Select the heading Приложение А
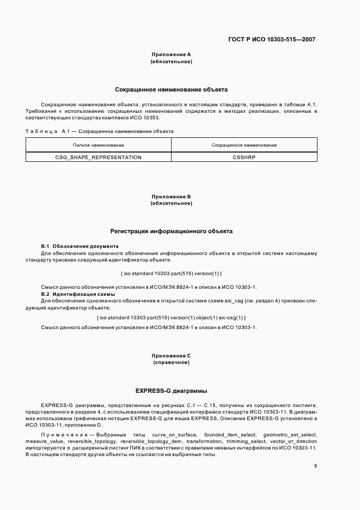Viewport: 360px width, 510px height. (170, 54)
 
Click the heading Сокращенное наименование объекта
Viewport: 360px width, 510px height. (171, 89)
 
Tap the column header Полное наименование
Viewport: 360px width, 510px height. (99, 145)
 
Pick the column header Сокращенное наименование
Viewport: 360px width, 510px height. (243, 145)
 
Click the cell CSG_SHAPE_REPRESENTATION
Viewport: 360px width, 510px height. (99, 157)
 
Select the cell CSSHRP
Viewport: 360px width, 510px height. (243, 157)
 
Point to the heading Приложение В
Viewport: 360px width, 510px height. (170, 196)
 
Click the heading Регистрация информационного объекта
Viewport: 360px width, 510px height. (171, 231)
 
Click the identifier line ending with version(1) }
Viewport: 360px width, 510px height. (170, 273)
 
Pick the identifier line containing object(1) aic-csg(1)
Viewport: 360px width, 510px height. (170, 317)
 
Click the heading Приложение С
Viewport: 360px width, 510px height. (170, 355)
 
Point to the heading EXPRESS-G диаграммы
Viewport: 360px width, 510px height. (171, 391)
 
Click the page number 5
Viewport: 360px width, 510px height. (315, 466)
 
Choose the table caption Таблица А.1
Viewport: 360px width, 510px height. (42, 131)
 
